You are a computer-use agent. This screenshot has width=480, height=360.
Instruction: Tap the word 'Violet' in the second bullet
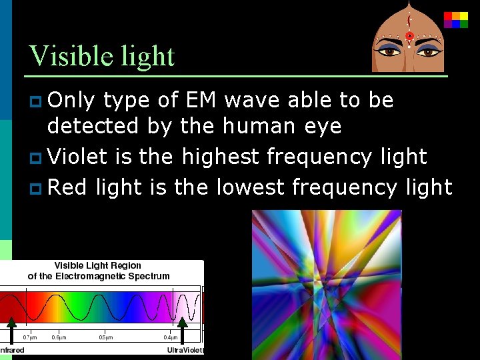[x=77, y=157]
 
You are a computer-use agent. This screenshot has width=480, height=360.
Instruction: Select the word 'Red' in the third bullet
[x=68, y=187]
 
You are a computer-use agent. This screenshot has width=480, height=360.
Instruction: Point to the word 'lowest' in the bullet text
[x=251, y=187]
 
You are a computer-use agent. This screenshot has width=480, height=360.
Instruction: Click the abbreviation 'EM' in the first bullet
[x=200, y=100]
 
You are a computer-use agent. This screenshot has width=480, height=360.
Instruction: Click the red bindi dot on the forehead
[x=409, y=35]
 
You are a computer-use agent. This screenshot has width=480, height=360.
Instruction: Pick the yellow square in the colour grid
[x=456, y=16]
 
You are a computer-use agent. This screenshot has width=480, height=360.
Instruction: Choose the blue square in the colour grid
[x=456, y=24]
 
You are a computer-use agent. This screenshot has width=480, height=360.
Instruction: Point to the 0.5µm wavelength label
[x=106, y=337]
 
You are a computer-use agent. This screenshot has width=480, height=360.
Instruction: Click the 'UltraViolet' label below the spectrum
[x=185, y=351]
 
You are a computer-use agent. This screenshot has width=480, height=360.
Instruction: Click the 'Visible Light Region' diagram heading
[x=98, y=265]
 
